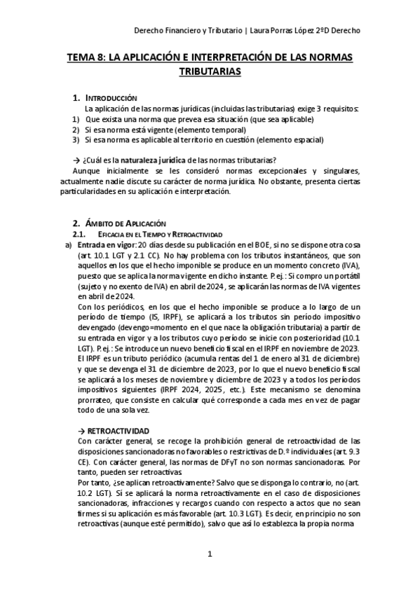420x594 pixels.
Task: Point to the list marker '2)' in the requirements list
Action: coord(75,130)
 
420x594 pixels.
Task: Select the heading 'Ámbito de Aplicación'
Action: coord(126,222)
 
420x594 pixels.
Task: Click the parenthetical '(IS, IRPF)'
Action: coord(155,317)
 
